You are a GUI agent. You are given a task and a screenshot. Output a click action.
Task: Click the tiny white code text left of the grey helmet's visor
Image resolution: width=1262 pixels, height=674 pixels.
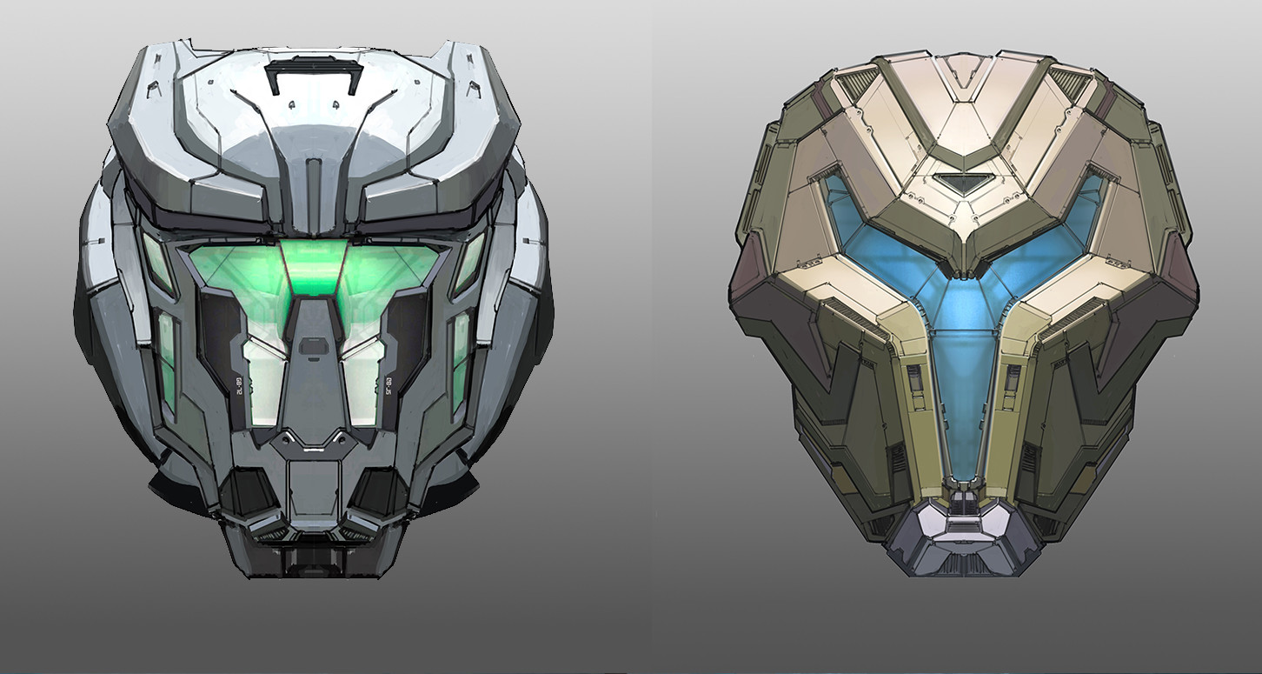click(237, 383)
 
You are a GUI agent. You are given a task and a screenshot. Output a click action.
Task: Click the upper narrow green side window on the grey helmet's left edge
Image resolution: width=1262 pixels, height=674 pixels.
click(157, 262)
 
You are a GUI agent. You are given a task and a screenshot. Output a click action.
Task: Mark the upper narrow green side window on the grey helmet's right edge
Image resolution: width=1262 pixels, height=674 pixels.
click(470, 262)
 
